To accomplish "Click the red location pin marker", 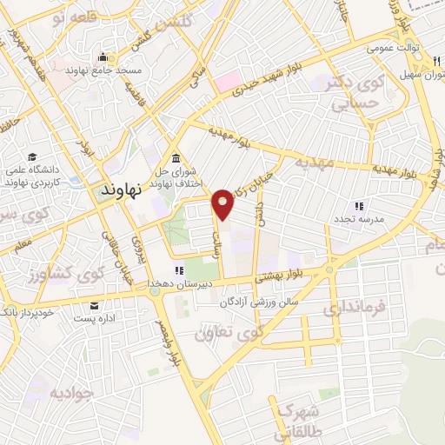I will tap(224, 203).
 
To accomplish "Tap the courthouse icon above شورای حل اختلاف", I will tap(176, 157).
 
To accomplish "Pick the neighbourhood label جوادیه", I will tap(70, 393).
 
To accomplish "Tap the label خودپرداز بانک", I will tap(28, 312).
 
